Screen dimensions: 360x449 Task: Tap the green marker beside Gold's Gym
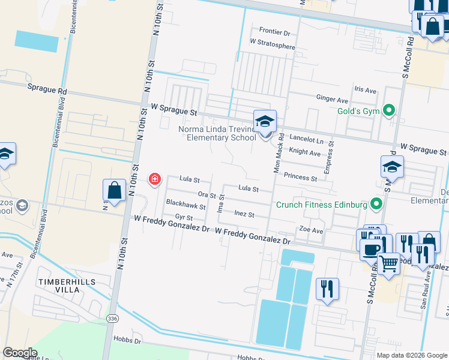coord(390,110)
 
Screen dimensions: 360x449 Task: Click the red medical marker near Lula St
coord(154,179)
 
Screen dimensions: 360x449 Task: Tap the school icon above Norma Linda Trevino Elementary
coord(264,121)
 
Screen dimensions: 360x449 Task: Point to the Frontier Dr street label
coord(274,32)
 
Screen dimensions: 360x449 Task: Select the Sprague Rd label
coord(47,89)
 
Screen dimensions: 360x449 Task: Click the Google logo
coord(20,353)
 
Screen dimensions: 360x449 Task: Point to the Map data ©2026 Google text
coord(411,355)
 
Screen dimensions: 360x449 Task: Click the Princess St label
coord(300,178)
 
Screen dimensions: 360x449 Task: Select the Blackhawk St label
coord(185,204)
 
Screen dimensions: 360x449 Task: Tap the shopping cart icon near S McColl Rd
coord(388,263)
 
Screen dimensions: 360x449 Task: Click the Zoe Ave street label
coord(311,230)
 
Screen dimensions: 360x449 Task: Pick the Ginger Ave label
coord(332,99)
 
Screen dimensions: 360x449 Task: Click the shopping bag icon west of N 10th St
coord(114,190)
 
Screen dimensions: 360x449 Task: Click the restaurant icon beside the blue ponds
coord(327,288)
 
